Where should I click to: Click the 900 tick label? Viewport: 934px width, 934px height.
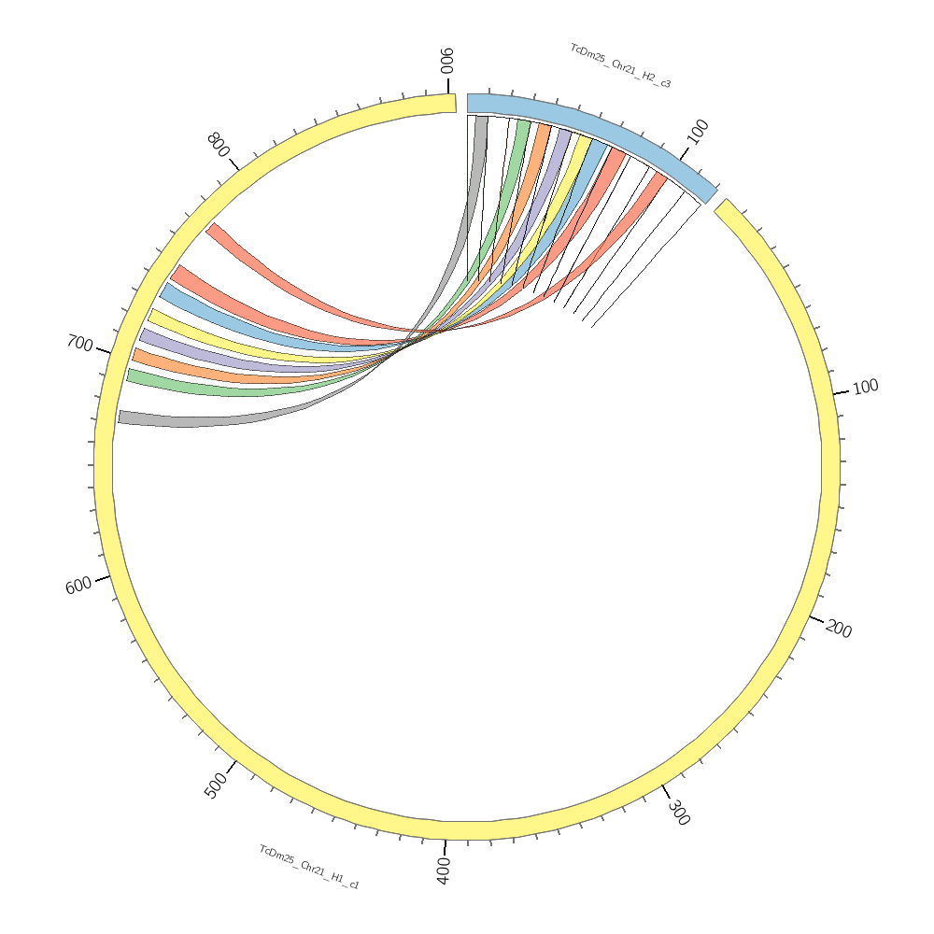(x=447, y=61)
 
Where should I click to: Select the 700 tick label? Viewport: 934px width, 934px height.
(x=79, y=344)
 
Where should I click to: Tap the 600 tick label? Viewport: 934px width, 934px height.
(x=78, y=586)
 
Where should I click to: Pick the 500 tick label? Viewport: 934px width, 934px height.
(x=216, y=785)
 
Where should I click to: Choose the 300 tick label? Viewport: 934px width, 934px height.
(x=679, y=813)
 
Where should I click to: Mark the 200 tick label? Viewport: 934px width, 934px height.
(x=839, y=630)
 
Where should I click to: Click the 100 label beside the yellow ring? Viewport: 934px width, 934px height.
(x=866, y=387)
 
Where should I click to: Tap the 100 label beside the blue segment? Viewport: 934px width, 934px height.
(x=698, y=132)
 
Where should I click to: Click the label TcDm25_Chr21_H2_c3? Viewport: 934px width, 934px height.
(x=620, y=66)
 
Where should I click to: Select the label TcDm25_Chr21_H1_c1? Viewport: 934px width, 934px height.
(x=309, y=867)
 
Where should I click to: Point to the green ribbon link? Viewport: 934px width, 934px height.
(x=187, y=386)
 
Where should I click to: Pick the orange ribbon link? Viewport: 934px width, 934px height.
(x=187, y=368)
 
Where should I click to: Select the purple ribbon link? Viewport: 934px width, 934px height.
(x=187, y=349)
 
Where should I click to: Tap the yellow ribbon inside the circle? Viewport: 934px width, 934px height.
(x=187, y=327)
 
